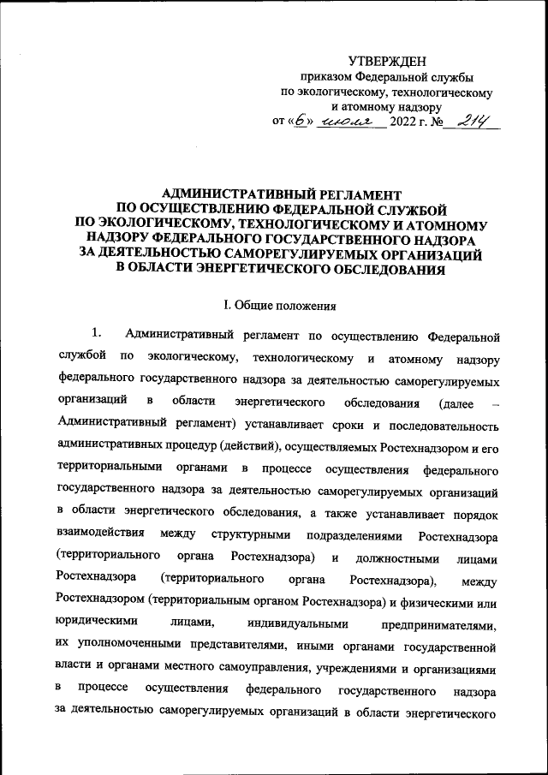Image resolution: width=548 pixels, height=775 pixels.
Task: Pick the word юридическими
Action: [x=97, y=625]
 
